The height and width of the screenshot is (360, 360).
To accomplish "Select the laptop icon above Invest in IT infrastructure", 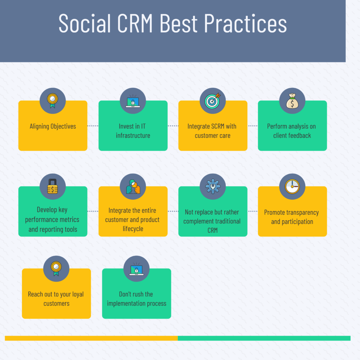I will click(133, 101).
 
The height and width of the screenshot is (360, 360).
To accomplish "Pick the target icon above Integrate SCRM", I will click(213, 101).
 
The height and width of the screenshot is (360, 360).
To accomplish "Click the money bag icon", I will click(292, 101).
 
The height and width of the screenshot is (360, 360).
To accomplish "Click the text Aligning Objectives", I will click(53, 126).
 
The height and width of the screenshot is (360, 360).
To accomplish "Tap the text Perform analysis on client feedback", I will click(292, 131).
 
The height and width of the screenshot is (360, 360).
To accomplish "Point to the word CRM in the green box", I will click(213, 230).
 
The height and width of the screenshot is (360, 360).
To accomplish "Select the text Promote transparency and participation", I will click(292, 217).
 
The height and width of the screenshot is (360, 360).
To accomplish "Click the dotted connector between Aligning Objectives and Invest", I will click(93, 126).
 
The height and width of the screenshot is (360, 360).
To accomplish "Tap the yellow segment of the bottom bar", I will click(91, 338).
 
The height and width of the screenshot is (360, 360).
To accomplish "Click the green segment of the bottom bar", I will click(264, 338).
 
